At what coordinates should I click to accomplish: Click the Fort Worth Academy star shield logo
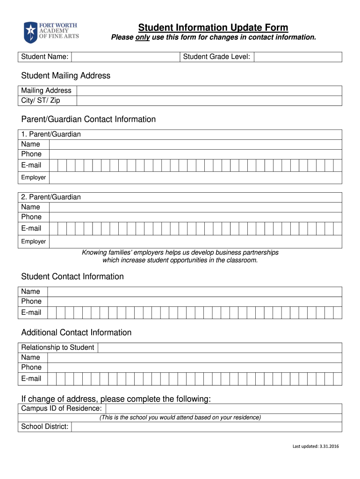point(30,32)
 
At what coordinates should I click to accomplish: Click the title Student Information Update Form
point(213,28)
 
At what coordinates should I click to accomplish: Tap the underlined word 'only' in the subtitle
point(142,37)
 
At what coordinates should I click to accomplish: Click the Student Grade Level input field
point(298,57)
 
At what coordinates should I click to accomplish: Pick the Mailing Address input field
point(209,91)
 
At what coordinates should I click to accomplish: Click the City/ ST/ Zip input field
point(209,101)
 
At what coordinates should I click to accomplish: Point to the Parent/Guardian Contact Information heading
point(88,119)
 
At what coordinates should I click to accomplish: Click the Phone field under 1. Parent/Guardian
point(195,154)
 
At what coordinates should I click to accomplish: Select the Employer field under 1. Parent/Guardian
point(195,178)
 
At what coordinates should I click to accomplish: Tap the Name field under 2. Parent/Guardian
point(195,207)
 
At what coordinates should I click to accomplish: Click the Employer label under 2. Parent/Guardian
point(34,241)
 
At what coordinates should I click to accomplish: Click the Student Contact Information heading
point(72,276)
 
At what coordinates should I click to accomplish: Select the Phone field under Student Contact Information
point(195,302)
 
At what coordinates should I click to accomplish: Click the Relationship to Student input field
point(219,348)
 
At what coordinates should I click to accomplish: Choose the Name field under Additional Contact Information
point(195,357)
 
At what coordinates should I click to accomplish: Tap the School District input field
point(206,427)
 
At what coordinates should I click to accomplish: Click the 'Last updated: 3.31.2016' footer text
point(316,446)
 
